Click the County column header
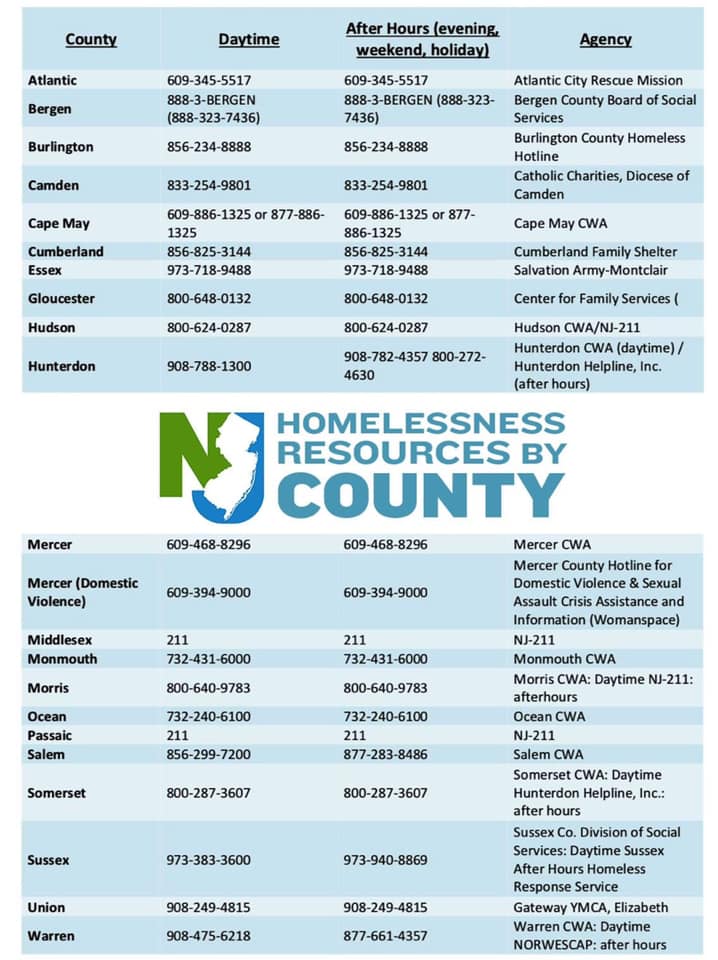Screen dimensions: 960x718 91,40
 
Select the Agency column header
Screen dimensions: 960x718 605,40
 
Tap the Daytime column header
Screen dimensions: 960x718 249,40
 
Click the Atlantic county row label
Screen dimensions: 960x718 52,80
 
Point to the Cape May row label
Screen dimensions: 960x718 58,224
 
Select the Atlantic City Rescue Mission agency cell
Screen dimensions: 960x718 598,80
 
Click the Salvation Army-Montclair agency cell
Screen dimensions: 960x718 590,270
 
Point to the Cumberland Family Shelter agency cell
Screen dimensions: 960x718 595,252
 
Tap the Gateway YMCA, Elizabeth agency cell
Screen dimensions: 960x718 591,908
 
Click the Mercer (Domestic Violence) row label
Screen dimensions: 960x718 83,592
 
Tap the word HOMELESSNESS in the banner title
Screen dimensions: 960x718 421,424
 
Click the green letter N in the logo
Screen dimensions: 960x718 185,455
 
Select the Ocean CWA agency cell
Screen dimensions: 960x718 550,717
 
